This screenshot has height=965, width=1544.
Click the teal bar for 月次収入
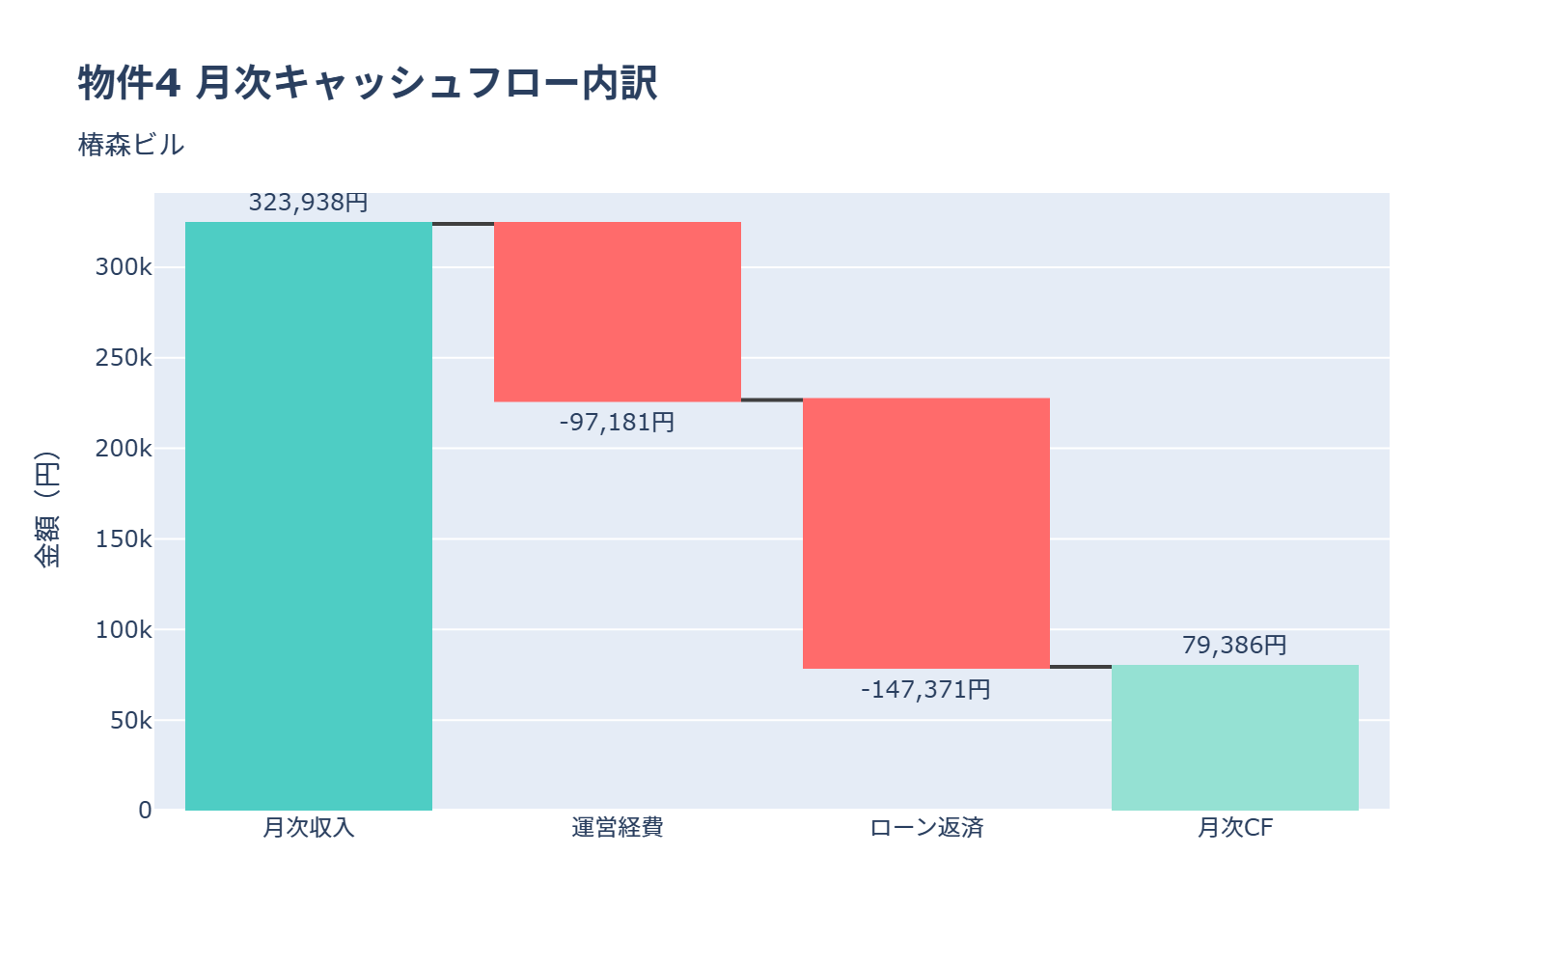(x=309, y=516)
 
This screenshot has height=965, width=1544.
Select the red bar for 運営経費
(x=618, y=312)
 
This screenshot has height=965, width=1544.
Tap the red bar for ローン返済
(x=926, y=534)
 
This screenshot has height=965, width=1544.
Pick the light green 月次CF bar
(x=1235, y=738)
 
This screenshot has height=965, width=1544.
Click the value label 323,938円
(x=309, y=203)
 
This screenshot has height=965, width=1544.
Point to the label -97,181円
(x=618, y=423)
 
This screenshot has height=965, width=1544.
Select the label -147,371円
(x=926, y=690)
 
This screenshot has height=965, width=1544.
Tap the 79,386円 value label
(x=1235, y=646)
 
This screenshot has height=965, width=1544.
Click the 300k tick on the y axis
(x=124, y=267)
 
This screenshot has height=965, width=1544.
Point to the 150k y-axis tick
(x=124, y=539)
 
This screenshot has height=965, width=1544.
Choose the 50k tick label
(x=130, y=721)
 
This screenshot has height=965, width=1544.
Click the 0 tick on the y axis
(x=145, y=811)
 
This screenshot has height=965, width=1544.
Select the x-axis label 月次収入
(x=309, y=828)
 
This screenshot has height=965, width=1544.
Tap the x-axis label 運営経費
(x=618, y=828)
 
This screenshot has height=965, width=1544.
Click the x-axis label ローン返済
(x=926, y=828)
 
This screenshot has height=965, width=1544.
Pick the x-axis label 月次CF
(x=1235, y=828)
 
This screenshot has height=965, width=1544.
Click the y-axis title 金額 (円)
(x=46, y=510)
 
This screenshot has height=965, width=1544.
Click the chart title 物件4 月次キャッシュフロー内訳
(x=368, y=83)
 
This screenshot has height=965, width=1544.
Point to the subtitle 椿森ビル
(x=131, y=145)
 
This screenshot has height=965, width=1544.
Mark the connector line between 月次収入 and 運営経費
(x=463, y=224)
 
